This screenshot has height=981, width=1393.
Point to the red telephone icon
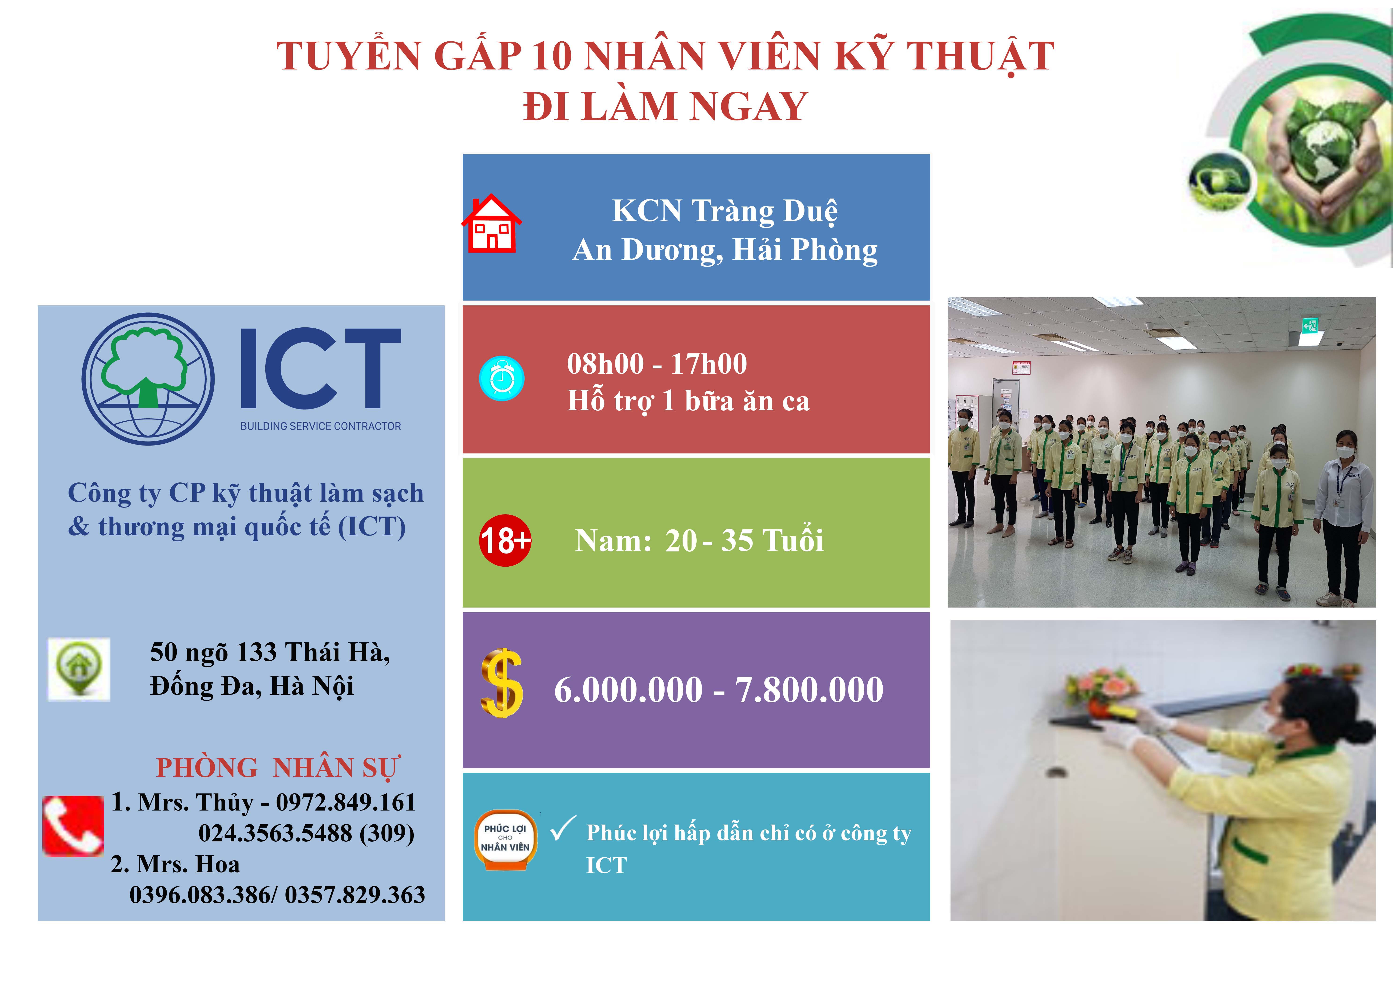click(x=73, y=826)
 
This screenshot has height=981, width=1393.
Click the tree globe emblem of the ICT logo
click(x=148, y=379)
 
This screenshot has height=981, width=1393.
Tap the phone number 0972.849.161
click(x=346, y=802)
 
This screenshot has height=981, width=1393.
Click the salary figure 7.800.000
click(x=809, y=690)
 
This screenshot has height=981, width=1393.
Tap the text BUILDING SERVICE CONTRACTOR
click(x=320, y=426)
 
